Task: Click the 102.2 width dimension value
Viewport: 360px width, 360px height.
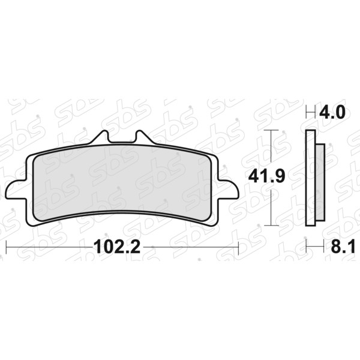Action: click(117, 247)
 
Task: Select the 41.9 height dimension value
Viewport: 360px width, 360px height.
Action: click(267, 176)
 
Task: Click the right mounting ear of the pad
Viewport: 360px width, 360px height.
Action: click(228, 190)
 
